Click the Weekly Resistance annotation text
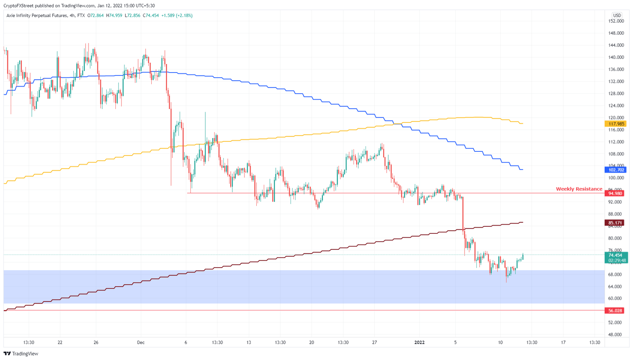click(579, 189)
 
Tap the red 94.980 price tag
click(615, 193)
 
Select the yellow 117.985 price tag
click(616, 124)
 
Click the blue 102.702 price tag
click(616, 170)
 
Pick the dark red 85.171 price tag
click(615, 223)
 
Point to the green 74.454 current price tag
click(616, 255)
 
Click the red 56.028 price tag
click(615, 311)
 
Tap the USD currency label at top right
click(617, 15)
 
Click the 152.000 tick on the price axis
click(616, 21)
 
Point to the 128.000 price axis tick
click(616, 94)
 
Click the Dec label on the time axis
click(141, 342)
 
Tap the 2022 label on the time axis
click(420, 342)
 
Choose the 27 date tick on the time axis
click(374, 342)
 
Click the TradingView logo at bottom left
click(21, 353)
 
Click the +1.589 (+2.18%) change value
click(177, 15)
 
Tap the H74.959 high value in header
click(114, 15)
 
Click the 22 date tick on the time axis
click(60, 342)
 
